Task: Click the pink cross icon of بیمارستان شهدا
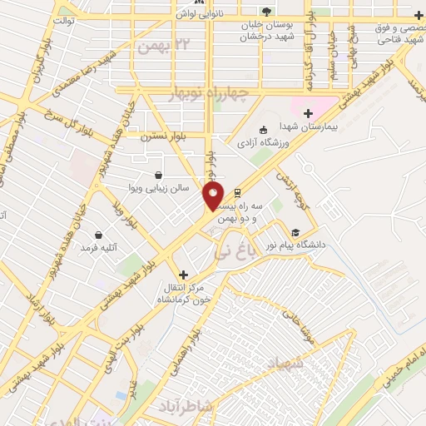click(308, 112)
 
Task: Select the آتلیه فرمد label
click(98, 248)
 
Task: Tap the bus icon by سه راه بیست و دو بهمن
click(238, 189)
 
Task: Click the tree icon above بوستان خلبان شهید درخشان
click(265, 11)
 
